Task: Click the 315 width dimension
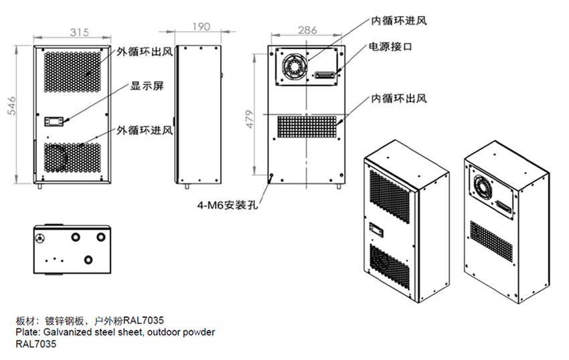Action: coord(80,32)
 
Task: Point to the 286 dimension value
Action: coord(307,29)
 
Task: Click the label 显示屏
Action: coord(147,86)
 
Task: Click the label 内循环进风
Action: coord(399,20)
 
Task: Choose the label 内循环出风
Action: coord(399,99)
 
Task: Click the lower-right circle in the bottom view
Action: coord(88,259)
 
